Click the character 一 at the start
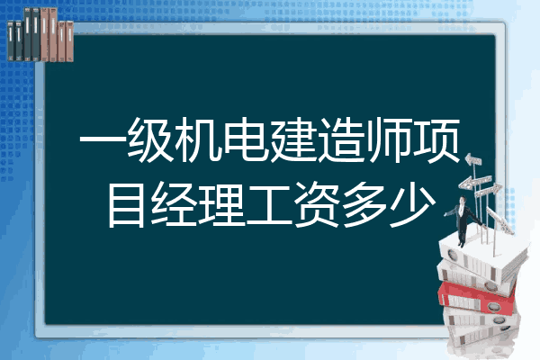click(x=103, y=140)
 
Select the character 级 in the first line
click(x=151, y=139)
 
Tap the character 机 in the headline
click(x=198, y=139)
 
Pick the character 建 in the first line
click(x=293, y=139)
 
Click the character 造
click(x=342, y=139)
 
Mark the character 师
click(x=389, y=139)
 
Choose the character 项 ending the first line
click(x=436, y=139)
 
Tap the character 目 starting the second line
click(x=126, y=204)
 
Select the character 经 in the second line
click(x=175, y=204)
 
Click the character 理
click(x=222, y=204)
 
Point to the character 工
click(x=270, y=205)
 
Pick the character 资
click(x=317, y=204)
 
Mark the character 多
click(x=365, y=204)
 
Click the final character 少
click(x=412, y=204)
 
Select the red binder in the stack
click(x=477, y=297)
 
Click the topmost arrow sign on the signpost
click(x=473, y=160)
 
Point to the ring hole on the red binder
click(x=493, y=306)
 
